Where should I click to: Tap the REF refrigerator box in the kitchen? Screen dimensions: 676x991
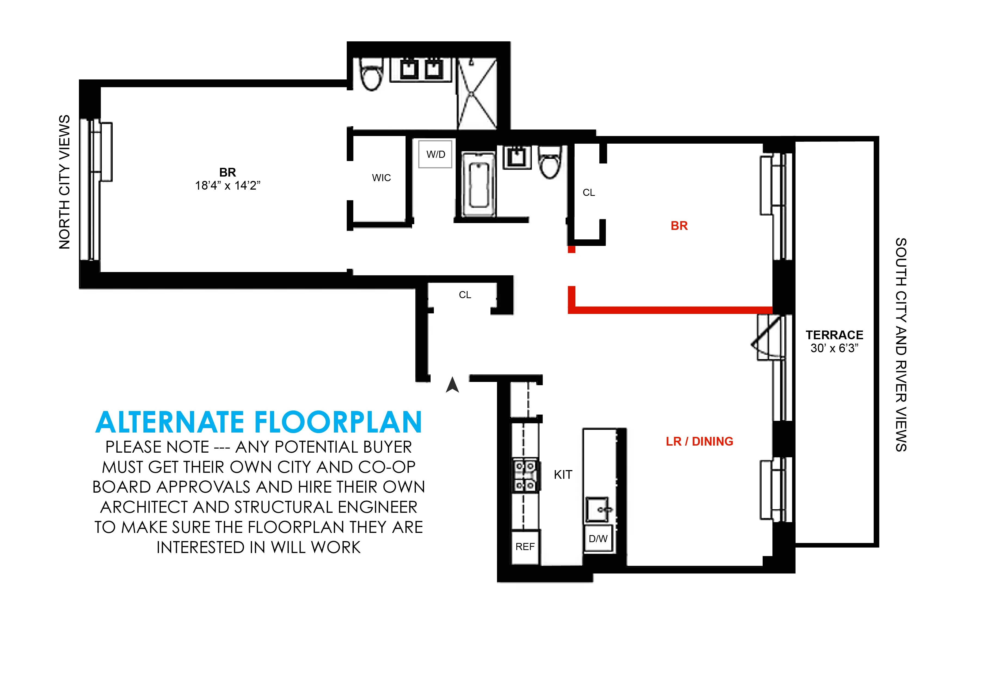pos(525,547)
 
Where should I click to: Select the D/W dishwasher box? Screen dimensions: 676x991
pos(598,539)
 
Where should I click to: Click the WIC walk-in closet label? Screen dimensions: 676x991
pos(381,178)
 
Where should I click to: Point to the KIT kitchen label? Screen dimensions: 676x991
pos(563,474)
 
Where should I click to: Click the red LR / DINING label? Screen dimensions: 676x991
pos(699,441)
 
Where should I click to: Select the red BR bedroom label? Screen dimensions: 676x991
pos(679,226)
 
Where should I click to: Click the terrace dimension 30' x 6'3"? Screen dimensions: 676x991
pos(834,348)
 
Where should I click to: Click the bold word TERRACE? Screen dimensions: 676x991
pos(834,335)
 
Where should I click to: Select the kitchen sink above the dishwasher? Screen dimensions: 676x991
pos(598,509)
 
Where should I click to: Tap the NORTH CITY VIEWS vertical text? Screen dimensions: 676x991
pos(65,182)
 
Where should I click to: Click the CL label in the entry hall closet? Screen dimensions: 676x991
pos(465,295)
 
